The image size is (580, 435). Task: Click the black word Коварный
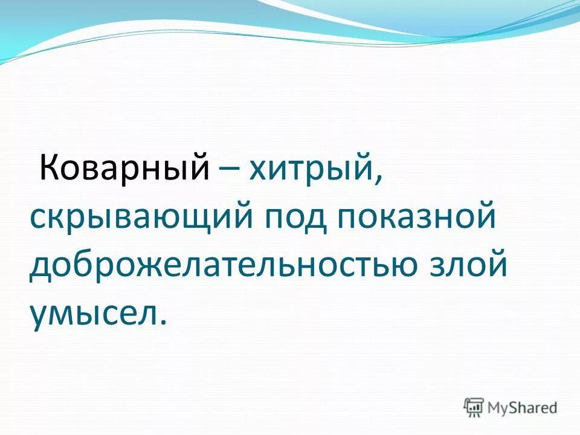point(124,167)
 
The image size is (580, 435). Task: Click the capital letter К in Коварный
point(48,167)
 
